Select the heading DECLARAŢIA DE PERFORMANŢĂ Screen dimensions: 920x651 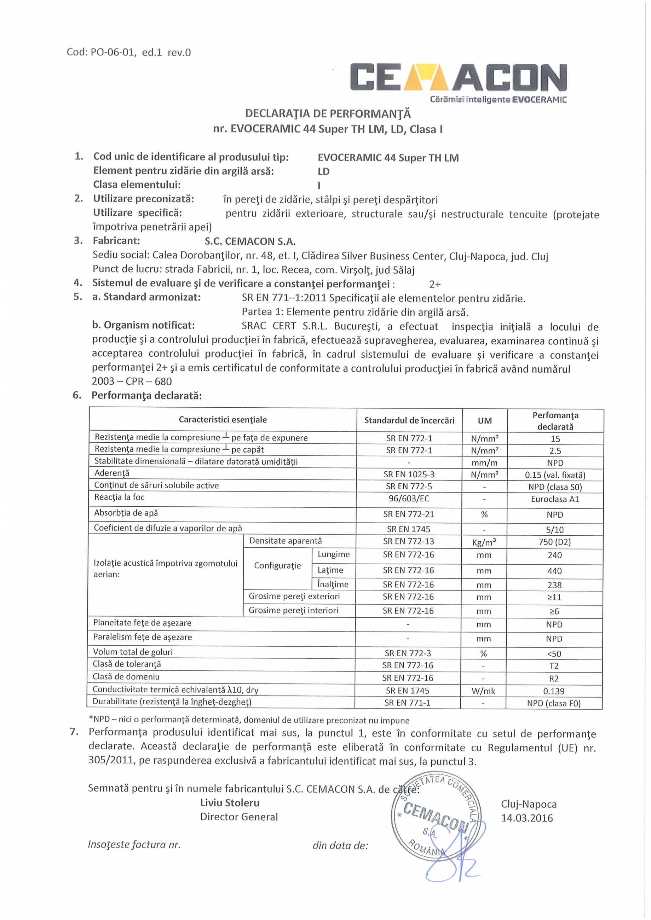click(x=328, y=114)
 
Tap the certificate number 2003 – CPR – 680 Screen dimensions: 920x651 click(x=132, y=382)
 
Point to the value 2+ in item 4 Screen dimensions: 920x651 click(x=435, y=285)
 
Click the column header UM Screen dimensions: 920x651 click(x=485, y=420)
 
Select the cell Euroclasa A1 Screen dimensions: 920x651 click(x=555, y=499)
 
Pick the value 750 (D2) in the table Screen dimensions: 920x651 click(x=555, y=542)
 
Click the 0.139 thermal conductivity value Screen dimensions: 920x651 click(x=554, y=691)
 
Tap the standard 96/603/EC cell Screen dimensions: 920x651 click(x=409, y=499)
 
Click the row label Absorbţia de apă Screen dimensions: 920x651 click(x=126, y=513)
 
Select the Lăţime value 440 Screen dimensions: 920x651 click(x=555, y=571)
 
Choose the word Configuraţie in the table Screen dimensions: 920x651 click(x=277, y=566)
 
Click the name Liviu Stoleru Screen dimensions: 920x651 click(x=230, y=803)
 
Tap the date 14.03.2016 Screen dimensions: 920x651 click(x=527, y=818)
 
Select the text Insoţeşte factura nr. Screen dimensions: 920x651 click(x=134, y=845)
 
